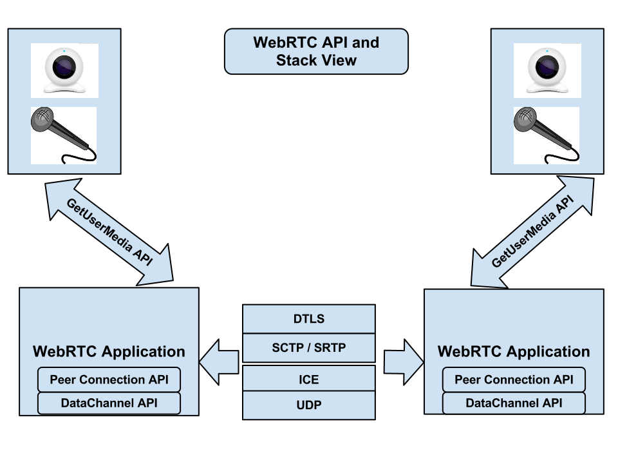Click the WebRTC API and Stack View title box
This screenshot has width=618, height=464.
click(x=316, y=52)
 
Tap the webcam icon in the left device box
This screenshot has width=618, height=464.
click(x=64, y=70)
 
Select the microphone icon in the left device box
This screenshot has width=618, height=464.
click(x=63, y=134)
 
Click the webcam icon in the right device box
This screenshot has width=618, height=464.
click(x=547, y=70)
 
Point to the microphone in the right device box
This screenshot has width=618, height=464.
click(x=546, y=134)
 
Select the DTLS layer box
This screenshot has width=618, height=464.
click(x=308, y=319)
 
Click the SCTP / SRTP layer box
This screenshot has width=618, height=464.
click(x=308, y=348)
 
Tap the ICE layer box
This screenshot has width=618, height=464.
click(x=308, y=379)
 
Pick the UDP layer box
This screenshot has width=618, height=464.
click(x=308, y=406)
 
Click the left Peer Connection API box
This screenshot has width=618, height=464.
click(x=109, y=380)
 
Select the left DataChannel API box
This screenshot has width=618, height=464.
click(x=109, y=403)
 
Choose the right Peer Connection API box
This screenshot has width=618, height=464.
click(x=514, y=380)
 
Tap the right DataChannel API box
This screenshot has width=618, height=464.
click(x=514, y=403)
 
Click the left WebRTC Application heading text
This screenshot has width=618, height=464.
click(x=109, y=352)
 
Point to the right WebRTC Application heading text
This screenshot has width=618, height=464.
click(x=514, y=352)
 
